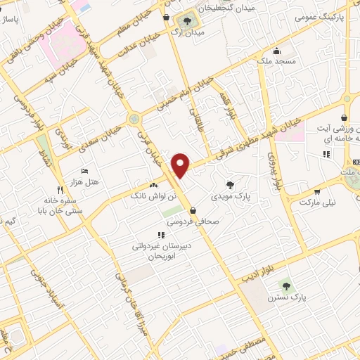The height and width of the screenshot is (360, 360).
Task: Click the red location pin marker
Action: pos(181,166)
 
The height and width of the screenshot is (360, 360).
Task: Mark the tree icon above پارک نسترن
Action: pos(285,285)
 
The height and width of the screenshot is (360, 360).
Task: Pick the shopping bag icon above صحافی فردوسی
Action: pos(193,210)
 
